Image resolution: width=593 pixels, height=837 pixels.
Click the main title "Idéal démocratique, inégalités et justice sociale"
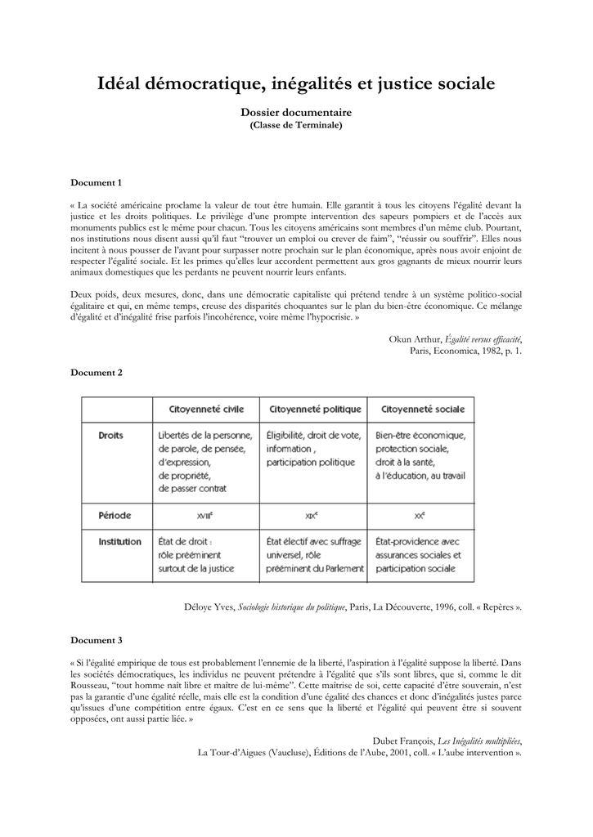tap(296, 83)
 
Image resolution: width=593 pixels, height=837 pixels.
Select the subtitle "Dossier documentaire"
tap(296, 112)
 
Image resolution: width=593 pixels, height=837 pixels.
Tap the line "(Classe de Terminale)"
tap(296, 125)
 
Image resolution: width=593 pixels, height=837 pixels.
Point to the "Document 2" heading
tap(97, 372)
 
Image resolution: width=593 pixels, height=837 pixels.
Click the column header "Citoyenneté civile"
tap(205, 409)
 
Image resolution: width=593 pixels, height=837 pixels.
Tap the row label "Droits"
tap(110, 436)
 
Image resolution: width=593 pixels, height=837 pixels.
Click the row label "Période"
tap(114, 516)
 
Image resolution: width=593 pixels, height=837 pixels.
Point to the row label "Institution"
tap(119, 542)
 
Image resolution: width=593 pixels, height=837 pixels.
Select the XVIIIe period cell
tap(205, 517)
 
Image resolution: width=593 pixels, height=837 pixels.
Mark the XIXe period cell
tap(312, 517)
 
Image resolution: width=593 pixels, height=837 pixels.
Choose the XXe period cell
tap(420, 517)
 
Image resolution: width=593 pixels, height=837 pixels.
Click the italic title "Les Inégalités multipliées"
tap(478, 741)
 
